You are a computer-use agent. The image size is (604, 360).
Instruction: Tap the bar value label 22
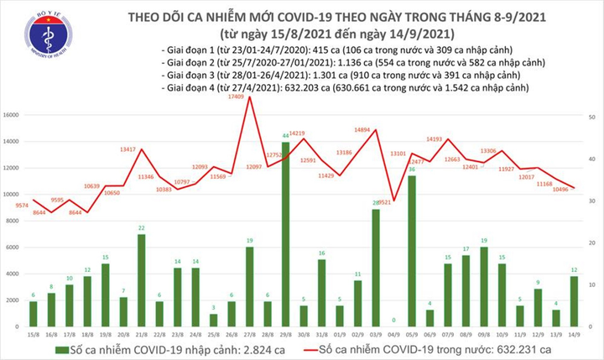tap(142, 228)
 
